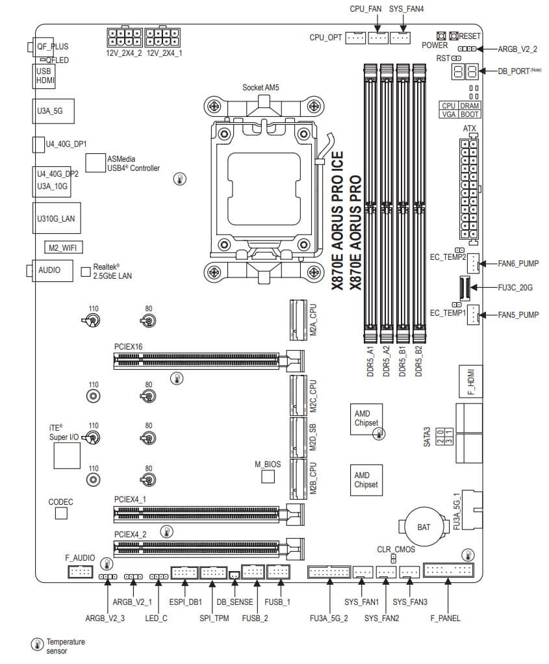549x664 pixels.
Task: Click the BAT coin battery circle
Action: point(423,526)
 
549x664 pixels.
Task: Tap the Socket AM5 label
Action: point(261,87)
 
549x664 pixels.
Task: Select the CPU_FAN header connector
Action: point(378,38)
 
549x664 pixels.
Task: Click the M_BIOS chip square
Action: point(268,478)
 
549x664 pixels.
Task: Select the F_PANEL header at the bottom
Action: point(448,571)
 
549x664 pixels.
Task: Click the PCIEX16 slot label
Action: point(128,347)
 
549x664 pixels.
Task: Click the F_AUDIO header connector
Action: point(81,572)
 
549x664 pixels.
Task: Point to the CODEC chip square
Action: point(61,513)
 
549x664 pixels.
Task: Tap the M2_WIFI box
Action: point(62,248)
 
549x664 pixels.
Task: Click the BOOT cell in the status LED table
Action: point(470,114)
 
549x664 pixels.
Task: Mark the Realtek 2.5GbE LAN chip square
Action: point(85,271)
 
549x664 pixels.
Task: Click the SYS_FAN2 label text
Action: point(381,618)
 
